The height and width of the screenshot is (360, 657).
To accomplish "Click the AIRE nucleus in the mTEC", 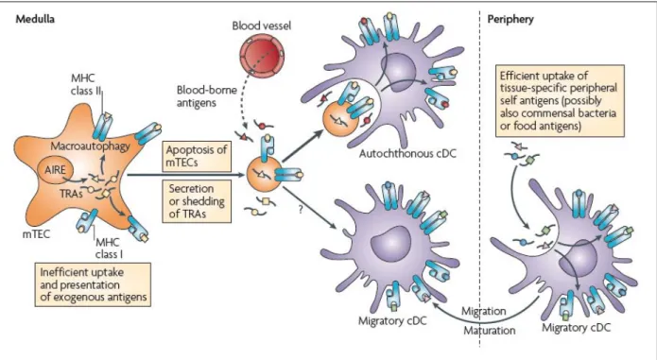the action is pyautogui.click(x=56, y=170).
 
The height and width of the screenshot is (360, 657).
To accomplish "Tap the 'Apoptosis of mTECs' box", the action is pyautogui.click(x=197, y=156).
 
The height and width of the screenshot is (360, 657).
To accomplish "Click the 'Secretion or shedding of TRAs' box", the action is pyautogui.click(x=197, y=201).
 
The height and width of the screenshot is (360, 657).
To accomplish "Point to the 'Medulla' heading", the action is pyautogui.click(x=35, y=19).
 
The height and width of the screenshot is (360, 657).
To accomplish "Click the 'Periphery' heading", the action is pyautogui.click(x=510, y=19).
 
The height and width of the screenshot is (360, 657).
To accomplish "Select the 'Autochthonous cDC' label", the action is pyautogui.click(x=407, y=154).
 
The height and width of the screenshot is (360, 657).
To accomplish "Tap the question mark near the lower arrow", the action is pyautogui.click(x=301, y=210).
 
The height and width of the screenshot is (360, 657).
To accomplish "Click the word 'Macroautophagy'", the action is pyautogui.click(x=90, y=146).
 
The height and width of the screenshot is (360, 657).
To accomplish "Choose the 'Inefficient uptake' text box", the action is pyautogui.click(x=93, y=284).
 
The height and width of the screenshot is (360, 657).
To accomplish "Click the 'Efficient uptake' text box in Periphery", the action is pyautogui.click(x=560, y=101).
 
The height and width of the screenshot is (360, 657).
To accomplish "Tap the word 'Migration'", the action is pyautogui.click(x=483, y=312).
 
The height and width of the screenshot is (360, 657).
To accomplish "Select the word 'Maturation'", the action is pyautogui.click(x=489, y=331).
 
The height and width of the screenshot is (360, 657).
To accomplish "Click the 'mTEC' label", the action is pyautogui.click(x=36, y=234).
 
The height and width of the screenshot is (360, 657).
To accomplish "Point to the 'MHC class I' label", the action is pyautogui.click(x=109, y=249).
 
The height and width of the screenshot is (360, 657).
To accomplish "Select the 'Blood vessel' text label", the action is pyautogui.click(x=262, y=26).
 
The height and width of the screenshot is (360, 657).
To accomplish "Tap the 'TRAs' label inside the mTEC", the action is pyautogui.click(x=71, y=194).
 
